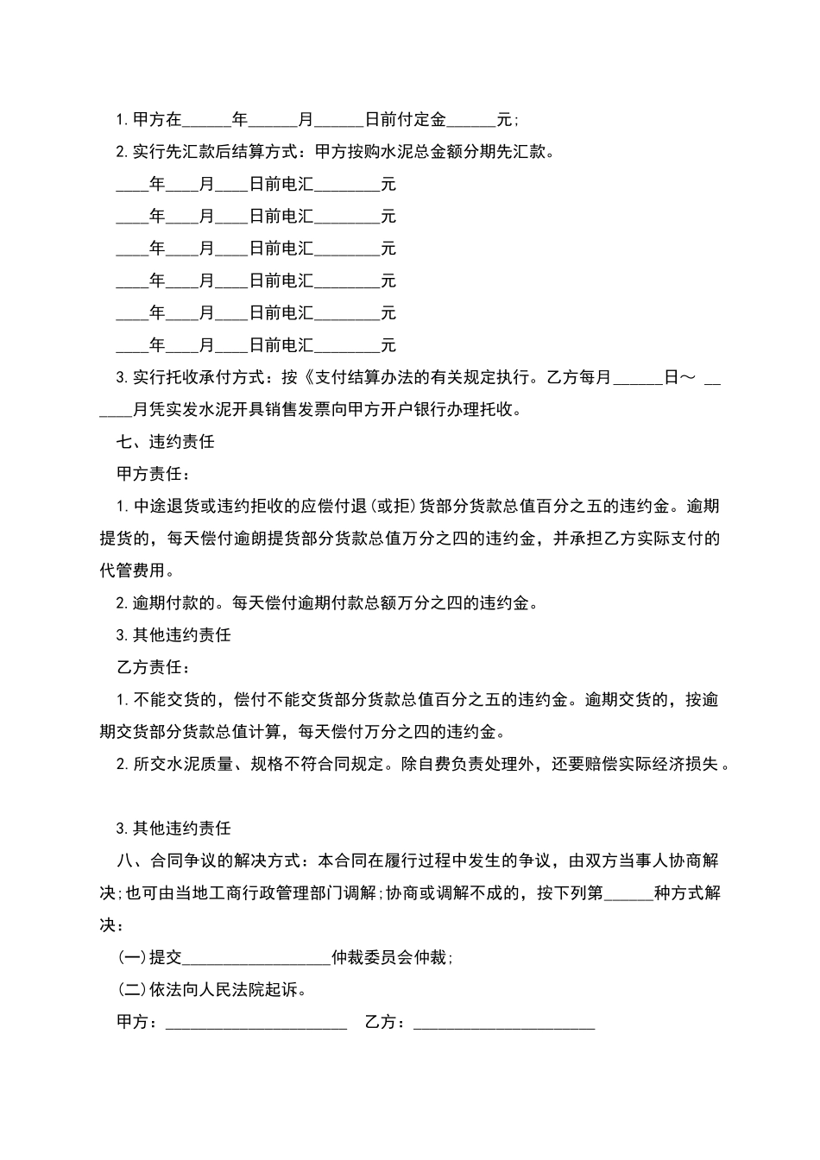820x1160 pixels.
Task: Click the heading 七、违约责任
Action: [165, 442]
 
